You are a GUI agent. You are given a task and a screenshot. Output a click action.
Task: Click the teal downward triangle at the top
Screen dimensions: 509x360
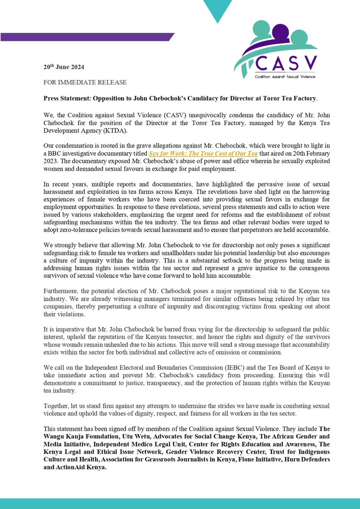pyautogui.click(x=217, y=11)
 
